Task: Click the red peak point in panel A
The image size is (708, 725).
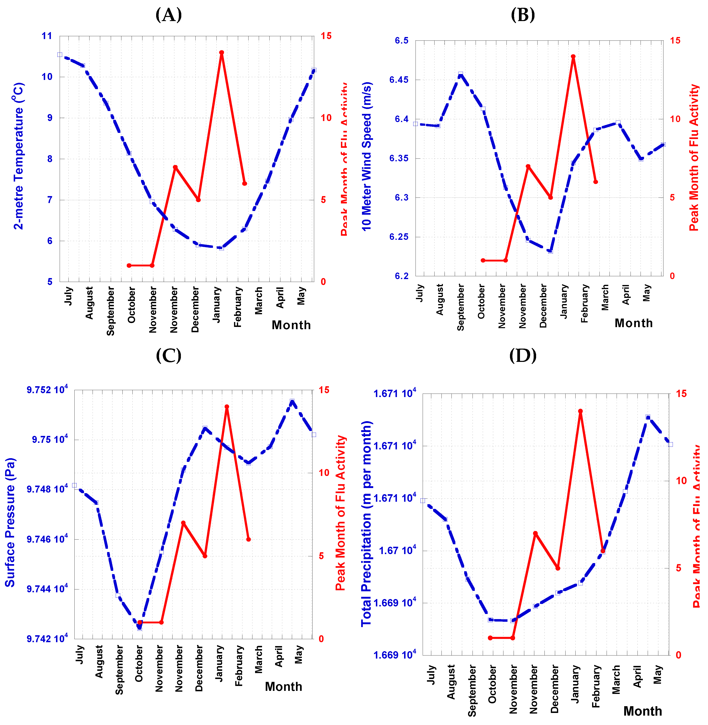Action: point(222,53)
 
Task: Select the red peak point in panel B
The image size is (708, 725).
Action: point(573,57)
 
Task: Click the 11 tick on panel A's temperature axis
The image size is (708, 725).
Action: point(47,36)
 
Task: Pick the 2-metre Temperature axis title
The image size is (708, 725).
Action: point(19,156)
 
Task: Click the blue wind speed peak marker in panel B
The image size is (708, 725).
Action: point(460,74)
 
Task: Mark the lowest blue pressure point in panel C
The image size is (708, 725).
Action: point(139,628)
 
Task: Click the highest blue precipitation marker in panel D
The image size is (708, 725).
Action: point(648,417)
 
